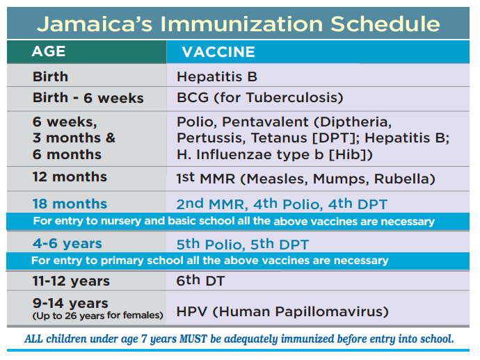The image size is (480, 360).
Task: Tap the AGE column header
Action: (x=49, y=52)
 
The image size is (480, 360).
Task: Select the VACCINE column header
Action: (x=218, y=52)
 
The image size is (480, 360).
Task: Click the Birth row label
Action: (x=51, y=76)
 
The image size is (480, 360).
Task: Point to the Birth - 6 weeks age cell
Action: (x=88, y=97)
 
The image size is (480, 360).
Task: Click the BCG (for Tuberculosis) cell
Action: (x=259, y=97)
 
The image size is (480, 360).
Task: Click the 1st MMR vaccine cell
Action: (x=305, y=179)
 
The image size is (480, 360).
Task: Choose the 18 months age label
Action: (x=70, y=204)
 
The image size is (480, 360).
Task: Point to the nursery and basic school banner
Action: (x=233, y=222)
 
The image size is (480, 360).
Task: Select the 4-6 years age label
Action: (x=67, y=244)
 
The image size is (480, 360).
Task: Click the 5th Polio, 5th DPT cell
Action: (x=243, y=244)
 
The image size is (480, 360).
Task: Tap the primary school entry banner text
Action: (x=209, y=261)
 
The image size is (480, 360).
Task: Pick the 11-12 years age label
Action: (x=71, y=281)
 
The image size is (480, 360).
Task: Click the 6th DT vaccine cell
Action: (x=200, y=281)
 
